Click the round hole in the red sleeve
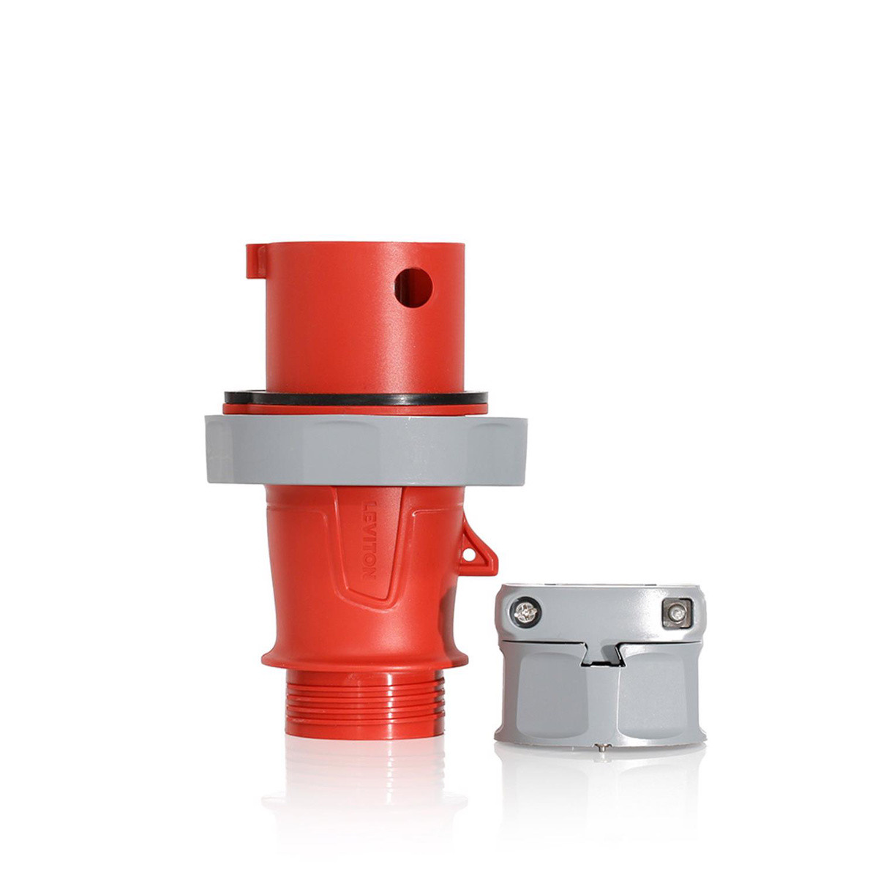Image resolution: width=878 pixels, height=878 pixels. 413,287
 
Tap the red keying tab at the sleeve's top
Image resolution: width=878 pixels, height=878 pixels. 256,260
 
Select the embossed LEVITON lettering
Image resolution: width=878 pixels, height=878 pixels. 369,540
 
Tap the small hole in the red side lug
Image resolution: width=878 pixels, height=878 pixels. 467,555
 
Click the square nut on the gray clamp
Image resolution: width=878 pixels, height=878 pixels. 677,612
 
